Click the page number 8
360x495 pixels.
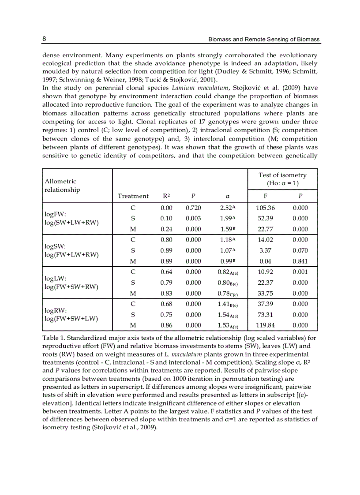point(44,39)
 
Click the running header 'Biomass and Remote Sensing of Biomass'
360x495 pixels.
point(264,40)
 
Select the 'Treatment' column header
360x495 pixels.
point(133,196)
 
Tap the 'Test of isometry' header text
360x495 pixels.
point(282,175)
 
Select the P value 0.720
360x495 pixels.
point(193,208)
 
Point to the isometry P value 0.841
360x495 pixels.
point(300,261)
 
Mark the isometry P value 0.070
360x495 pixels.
point(300,251)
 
